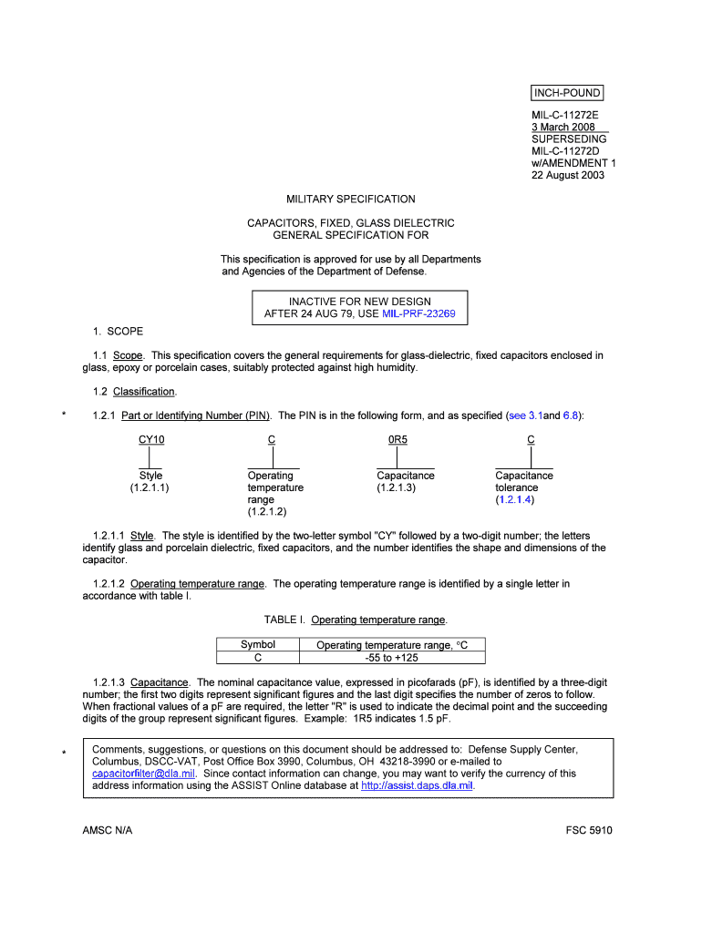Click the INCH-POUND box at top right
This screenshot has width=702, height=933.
click(566, 93)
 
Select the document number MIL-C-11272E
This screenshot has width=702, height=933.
click(565, 116)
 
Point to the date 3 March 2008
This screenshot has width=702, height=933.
click(563, 128)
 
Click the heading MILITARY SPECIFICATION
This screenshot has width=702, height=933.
click(351, 199)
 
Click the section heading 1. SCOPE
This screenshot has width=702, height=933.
click(118, 332)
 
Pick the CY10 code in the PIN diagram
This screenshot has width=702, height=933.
click(151, 439)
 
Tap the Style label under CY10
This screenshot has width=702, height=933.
click(150, 476)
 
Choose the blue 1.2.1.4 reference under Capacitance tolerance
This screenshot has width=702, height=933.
click(515, 499)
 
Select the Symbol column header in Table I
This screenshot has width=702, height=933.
click(258, 644)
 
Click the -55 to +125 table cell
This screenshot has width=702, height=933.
click(391, 657)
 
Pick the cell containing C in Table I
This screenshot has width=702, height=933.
click(258, 657)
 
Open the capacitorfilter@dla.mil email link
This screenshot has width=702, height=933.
click(144, 774)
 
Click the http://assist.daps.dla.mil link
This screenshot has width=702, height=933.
click(418, 785)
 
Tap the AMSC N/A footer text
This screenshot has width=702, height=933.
click(107, 830)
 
